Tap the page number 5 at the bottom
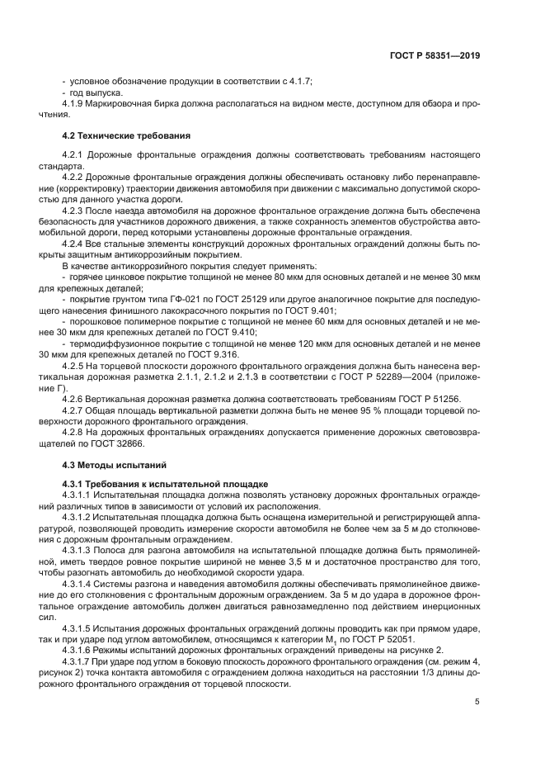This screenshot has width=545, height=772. click(477, 702)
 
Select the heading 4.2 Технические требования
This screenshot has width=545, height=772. click(127, 135)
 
